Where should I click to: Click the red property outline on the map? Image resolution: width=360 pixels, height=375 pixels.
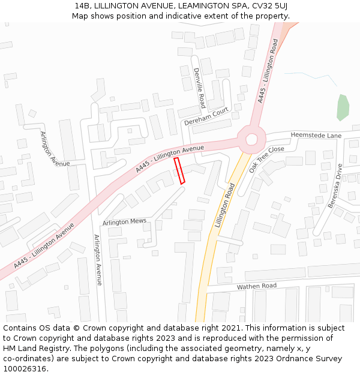pos(179,170)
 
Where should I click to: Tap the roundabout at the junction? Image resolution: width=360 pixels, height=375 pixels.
pos(251,140)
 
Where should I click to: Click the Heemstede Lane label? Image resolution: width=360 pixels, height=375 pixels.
pos(316,136)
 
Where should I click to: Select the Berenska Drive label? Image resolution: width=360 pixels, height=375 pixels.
pos(334,185)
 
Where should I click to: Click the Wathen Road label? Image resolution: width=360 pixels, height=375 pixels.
pos(256,286)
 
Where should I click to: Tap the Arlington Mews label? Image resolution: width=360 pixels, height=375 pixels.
pos(124,222)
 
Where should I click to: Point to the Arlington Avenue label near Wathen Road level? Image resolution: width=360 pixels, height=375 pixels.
pos(98,259)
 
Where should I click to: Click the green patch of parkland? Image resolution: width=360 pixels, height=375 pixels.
pos(343,107)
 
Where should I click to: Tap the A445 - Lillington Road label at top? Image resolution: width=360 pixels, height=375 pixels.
pos(268,70)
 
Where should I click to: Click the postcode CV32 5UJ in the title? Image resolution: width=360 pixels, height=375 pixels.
pos(270,5)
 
